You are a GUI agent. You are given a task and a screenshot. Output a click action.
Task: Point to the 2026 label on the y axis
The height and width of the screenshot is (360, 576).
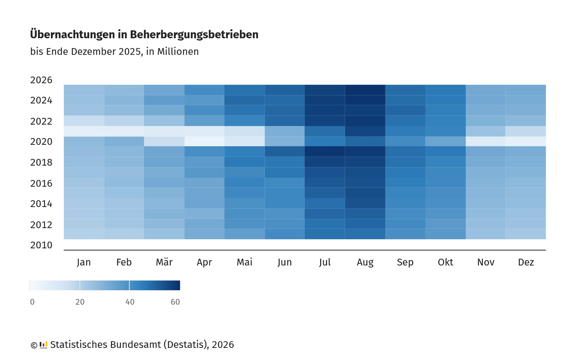[x=41, y=80]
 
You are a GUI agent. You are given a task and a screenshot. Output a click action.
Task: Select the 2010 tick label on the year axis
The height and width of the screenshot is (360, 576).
[x=41, y=245]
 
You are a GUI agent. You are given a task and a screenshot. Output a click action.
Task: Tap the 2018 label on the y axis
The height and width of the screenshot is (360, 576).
[x=41, y=162]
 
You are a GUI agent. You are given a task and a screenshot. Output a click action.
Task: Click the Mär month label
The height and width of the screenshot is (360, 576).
[x=164, y=262]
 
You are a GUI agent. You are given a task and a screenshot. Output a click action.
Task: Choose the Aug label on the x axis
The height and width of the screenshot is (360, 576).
[x=365, y=262]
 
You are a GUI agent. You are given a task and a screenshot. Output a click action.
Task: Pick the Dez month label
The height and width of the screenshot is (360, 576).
[x=526, y=262]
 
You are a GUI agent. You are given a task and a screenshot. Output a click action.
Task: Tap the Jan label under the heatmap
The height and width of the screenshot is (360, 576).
[x=84, y=262]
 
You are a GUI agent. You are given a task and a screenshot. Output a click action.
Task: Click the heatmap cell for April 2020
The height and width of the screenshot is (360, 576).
[x=204, y=141]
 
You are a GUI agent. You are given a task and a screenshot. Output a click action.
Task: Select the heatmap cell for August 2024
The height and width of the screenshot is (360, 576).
[x=365, y=100]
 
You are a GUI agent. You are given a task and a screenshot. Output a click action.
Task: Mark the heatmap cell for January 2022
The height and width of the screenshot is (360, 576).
[x=84, y=121]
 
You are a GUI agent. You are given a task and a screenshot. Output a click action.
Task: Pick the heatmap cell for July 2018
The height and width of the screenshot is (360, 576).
[x=325, y=162]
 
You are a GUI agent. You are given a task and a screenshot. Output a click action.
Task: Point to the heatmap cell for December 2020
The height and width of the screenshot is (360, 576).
[x=526, y=141]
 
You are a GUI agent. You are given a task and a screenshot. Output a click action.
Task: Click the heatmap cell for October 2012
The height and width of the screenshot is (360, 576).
[x=446, y=224]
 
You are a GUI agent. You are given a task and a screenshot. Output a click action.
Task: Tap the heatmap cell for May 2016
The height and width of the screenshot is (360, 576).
[x=245, y=183]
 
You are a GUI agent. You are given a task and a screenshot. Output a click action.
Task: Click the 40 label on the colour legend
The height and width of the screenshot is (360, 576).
[x=130, y=302]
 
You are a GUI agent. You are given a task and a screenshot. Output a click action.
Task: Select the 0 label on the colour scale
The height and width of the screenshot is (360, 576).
[x=32, y=302]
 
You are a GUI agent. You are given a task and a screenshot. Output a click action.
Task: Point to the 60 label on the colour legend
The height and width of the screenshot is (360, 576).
[x=175, y=302]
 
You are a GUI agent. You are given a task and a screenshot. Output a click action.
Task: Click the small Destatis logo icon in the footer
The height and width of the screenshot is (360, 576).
[x=43, y=345]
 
